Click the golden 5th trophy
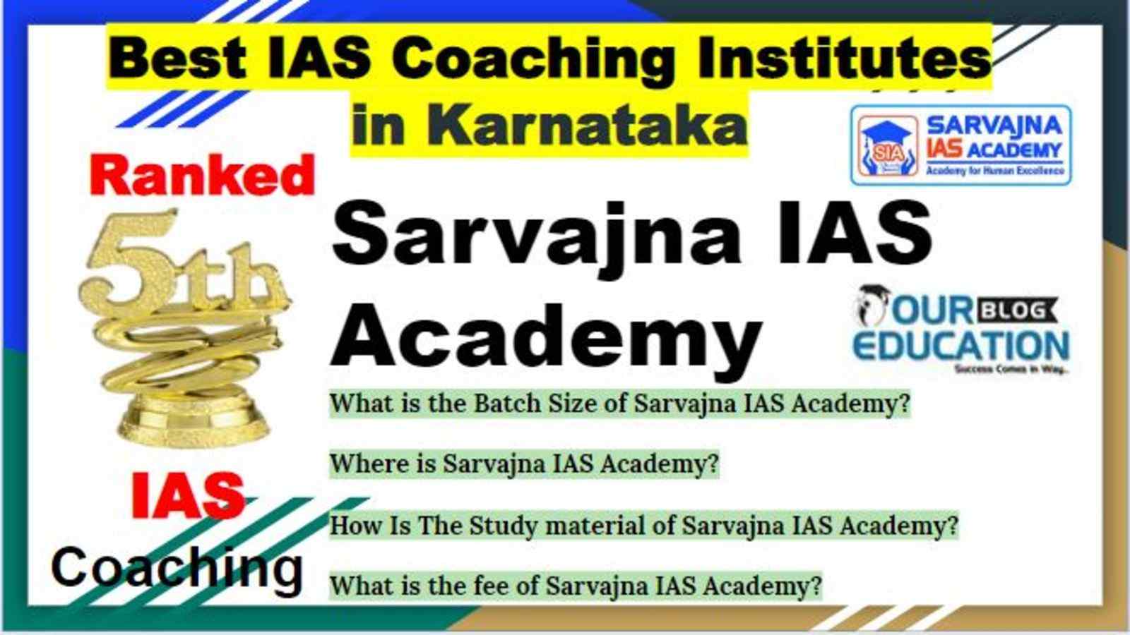point(184,327)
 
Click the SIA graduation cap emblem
point(888,145)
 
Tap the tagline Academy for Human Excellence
point(995,171)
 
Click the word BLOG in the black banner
point(1017,310)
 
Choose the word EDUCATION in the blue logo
point(961,346)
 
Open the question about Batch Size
point(620,403)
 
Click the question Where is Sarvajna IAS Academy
point(524,464)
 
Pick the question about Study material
point(643,525)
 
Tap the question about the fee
point(576,586)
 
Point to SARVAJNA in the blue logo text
point(995,125)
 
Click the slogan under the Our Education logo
point(1011,370)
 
